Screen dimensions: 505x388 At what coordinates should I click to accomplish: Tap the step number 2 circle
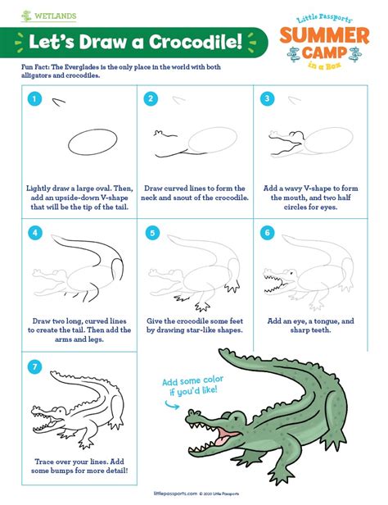coord(151,99)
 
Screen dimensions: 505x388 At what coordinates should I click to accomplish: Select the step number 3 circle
coord(267,99)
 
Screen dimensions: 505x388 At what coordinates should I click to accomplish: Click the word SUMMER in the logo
coord(327,36)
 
